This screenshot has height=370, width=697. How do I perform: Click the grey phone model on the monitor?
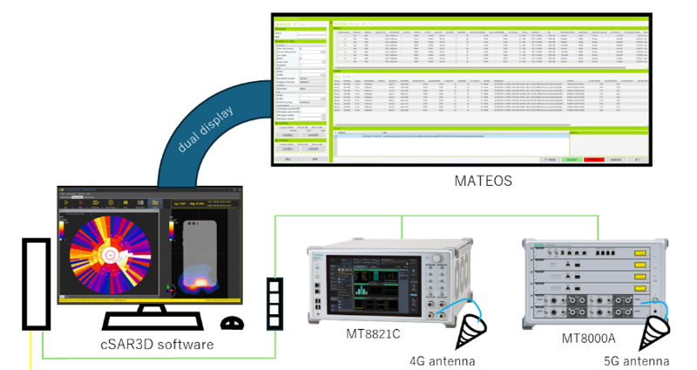pyautogui.click(x=203, y=249)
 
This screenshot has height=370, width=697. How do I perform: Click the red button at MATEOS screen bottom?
pyautogui.click(x=594, y=160)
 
